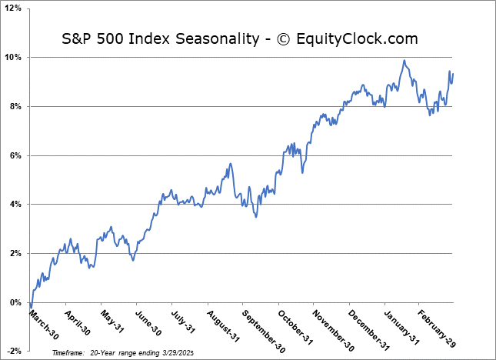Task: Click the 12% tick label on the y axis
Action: [13, 8]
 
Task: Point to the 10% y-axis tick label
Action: [13, 58]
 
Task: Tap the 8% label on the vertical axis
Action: [15, 106]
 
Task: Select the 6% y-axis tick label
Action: [15, 155]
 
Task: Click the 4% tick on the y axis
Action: [15, 205]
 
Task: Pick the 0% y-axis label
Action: [15, 302]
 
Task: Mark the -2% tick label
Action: [14, 352]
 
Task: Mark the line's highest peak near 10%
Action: [404, 60]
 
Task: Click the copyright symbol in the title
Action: [281, 38]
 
